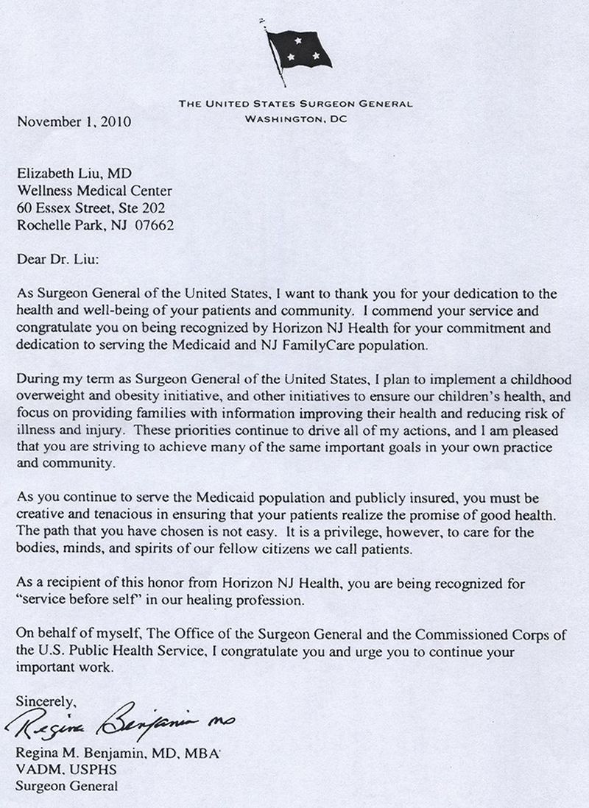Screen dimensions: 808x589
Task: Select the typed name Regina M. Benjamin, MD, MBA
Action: pyautogui.click(x=107, y=753)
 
